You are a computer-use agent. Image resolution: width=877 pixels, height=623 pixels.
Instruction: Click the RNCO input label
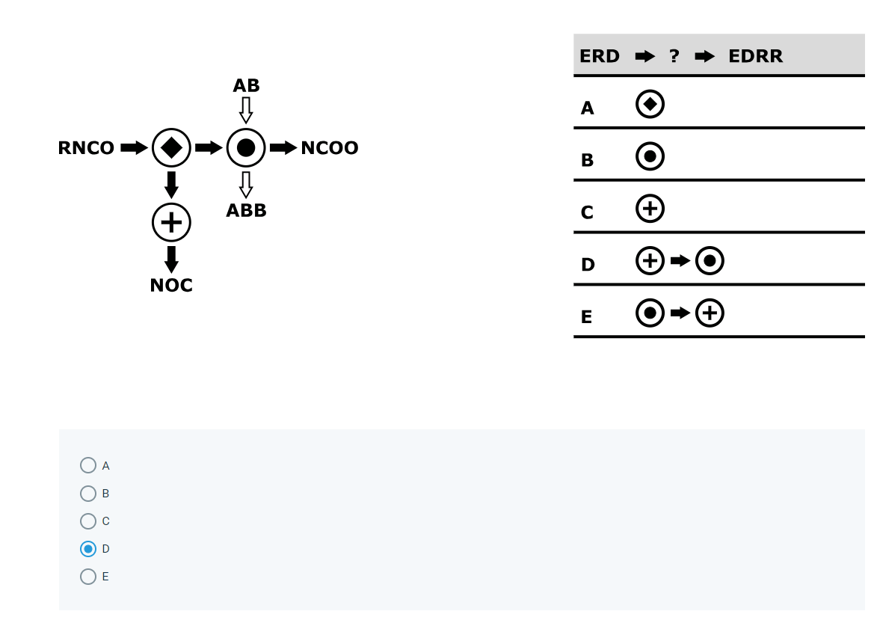click(x=86, y=148)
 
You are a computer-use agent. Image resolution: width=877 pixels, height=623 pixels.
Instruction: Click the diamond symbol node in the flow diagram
click(x=171, y=147)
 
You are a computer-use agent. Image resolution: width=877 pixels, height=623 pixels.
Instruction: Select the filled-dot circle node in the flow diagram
click(x=246, y=147)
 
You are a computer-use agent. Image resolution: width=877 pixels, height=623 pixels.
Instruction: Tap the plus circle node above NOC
click(x=171, y=222)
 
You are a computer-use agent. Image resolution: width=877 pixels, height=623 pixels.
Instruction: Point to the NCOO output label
click(x=329, y=148)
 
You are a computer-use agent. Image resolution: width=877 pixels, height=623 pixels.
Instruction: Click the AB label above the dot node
click(x=246, y=86)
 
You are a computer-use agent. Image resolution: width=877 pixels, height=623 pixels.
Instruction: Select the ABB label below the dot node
click(x=246, y=211)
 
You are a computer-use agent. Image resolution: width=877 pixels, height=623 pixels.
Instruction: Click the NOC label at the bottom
click(x=171, y=286)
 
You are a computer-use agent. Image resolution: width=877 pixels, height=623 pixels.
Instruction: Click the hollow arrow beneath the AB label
click(x=246, y=110)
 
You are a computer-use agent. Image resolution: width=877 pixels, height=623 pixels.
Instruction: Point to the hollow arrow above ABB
click(x=246, y=185)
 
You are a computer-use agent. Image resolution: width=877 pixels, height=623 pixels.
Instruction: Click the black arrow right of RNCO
click(x=135, y=148)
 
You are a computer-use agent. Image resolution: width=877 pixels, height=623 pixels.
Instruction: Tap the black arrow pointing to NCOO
click(x=283, y=148)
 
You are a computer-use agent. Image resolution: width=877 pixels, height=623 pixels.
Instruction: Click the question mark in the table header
click(x=674, y=56)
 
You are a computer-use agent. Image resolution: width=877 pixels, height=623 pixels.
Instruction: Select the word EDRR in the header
click(x=755, y=56)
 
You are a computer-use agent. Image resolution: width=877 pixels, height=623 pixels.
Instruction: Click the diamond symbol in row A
click(x=650, y=105)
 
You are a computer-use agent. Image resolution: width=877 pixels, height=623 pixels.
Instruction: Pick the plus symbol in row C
click(x=650, y=209)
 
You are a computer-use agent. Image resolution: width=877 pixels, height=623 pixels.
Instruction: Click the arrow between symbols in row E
click(x=680, y=313)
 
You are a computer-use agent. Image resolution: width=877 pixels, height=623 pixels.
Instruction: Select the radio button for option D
click(x=88, y=549)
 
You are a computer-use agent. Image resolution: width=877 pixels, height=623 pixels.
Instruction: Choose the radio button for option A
click(x=88, y=465)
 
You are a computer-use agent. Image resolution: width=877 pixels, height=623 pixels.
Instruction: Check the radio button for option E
click(x=88, y=577)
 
